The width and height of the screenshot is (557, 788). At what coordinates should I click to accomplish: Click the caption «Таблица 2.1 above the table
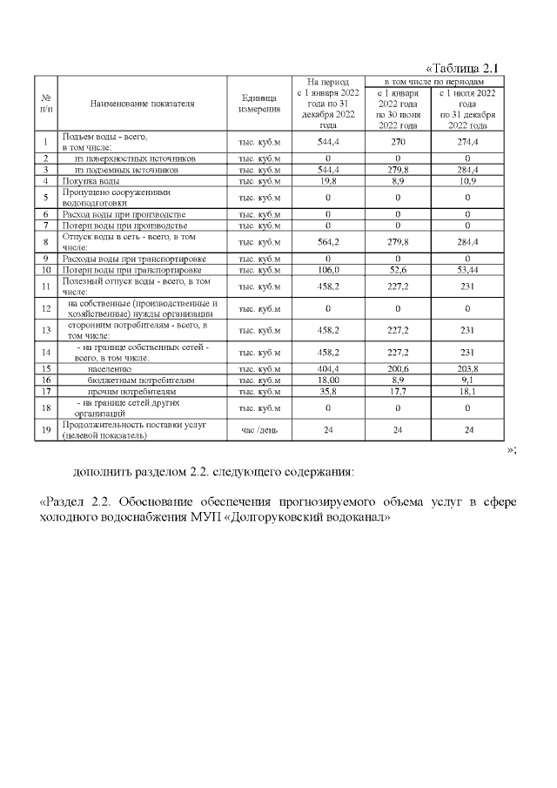465,68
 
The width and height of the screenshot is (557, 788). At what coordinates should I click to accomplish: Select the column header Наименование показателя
142,103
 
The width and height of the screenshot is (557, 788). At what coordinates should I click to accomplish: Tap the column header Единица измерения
258,103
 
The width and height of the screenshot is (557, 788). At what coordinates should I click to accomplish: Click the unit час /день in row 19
258,430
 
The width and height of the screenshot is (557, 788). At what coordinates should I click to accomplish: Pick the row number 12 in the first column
44,308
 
